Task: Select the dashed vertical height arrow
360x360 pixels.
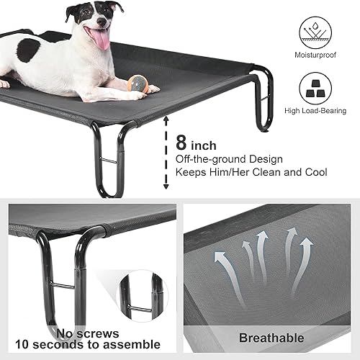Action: (166, 160)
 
